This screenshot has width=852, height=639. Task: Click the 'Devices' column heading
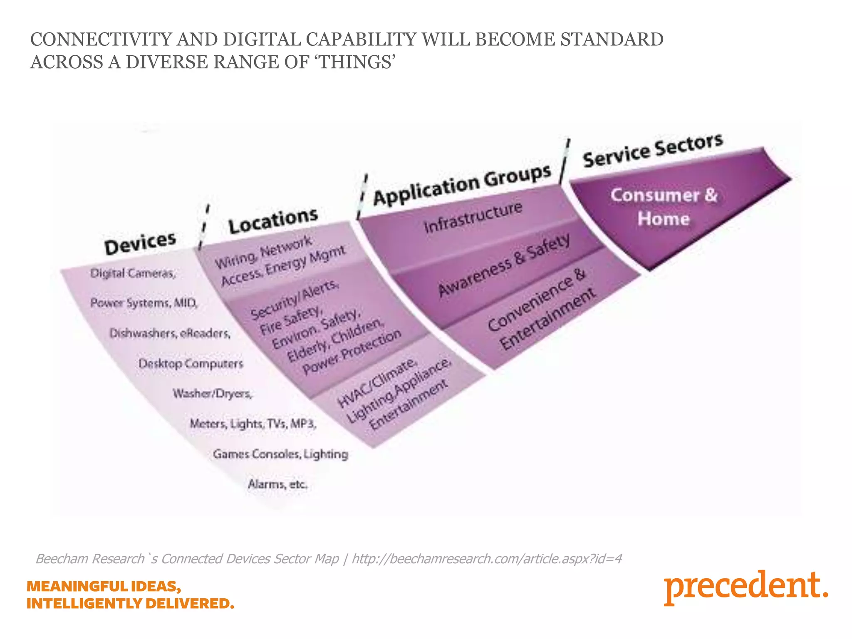(140, 243)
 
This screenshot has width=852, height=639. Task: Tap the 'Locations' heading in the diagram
(273, 220)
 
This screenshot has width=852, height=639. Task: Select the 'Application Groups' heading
(462, 184)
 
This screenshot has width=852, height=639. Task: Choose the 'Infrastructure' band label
(473, 218)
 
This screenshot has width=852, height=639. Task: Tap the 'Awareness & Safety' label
(504, 265)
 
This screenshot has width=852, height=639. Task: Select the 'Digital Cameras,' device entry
(133, 273)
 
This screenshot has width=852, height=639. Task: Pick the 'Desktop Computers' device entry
(191, 364)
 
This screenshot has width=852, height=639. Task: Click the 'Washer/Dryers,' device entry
(213, 394)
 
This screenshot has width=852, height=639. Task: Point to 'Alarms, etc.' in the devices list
(277, 484)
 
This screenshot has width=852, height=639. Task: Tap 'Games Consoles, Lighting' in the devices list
(280, 454)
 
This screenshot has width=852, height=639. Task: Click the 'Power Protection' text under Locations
(352, 352)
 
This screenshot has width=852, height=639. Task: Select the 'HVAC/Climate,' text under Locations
(376, 382)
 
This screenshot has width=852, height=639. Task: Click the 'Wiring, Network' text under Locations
(263, 252)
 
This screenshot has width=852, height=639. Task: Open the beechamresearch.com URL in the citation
(487, 559)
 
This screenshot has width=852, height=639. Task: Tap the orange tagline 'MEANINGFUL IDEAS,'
(104, 586)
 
